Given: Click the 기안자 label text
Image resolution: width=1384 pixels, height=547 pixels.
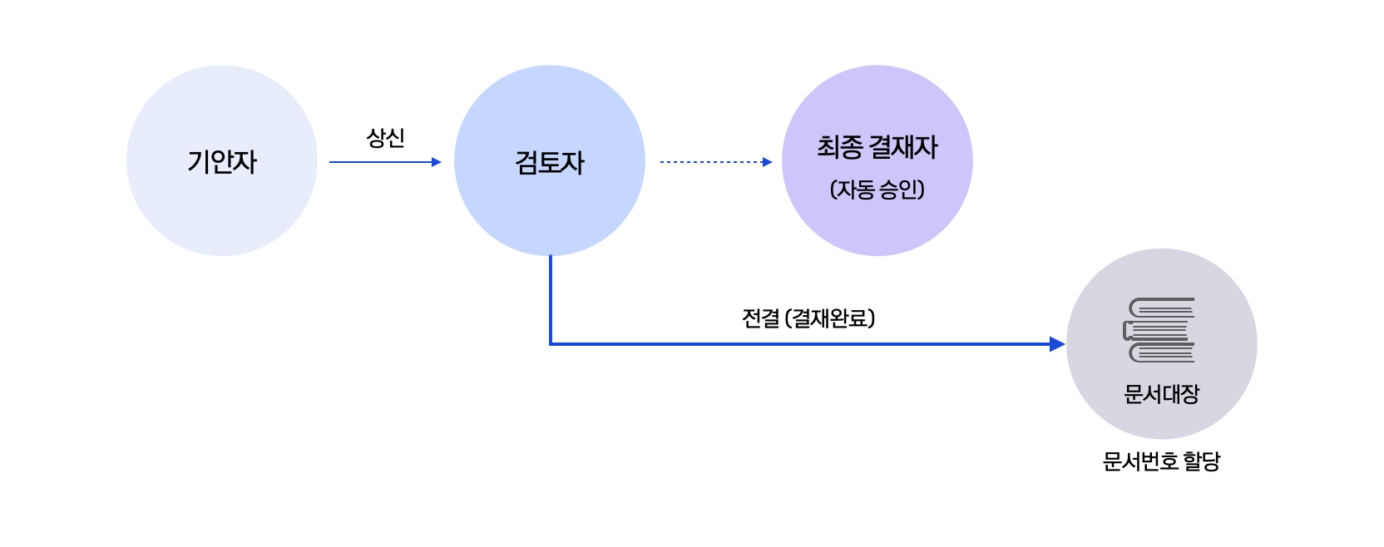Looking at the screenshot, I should pyautogui.click(x=222, y=161).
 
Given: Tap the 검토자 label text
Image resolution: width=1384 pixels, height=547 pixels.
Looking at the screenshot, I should pyautogui.click(x=550, y=162).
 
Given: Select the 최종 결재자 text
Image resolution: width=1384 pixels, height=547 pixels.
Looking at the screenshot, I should pyautogui.click(x=877, y=148).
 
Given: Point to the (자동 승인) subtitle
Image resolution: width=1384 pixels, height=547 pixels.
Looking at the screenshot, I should pyautogui.click(x=877, y=190).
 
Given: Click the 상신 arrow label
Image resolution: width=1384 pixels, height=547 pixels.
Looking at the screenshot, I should pyautogui.click(x=385, y=138).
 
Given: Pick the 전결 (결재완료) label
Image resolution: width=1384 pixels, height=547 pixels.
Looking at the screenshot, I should pyautogui.click(x=808, y=318).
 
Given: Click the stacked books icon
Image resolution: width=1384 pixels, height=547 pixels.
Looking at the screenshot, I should pyautogui.click(x=1159, y=330).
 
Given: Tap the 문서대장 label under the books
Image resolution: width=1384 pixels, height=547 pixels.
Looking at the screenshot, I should pyautogui.click(x=1161, y=394).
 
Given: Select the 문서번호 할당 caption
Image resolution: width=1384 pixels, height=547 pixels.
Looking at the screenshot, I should pyautogui.click(x=1161, y=461).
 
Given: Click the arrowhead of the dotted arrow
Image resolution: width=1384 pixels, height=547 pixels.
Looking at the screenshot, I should pyautogui.click(x=768, y=162).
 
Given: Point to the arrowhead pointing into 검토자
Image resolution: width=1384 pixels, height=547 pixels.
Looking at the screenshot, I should pyautogui.click(x=437, y=162).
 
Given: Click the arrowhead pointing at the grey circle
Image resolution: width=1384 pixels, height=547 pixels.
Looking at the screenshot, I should pyautogui.click(x=1057, y=344).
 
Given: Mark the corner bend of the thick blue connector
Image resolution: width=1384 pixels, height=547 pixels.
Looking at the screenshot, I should pyautogui.click(x=551, y=343).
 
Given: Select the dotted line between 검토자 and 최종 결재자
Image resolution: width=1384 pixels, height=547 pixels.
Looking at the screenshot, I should pyautogui.click(x=711, y=162).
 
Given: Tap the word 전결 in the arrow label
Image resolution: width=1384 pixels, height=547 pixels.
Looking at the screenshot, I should pyautogui.click(x=760, y=318).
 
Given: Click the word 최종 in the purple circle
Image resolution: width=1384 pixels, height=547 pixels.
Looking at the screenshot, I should pyautogui.click(x=839, y=148).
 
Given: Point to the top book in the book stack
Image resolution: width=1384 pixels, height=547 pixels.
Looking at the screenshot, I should pyautogui.click(x=1163, y=308).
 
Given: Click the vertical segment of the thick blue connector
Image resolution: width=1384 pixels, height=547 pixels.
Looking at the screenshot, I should pyautogui.click(x=551, y=299).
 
